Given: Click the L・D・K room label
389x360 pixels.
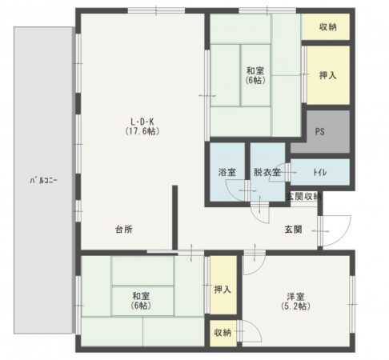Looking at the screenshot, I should click(x=140, y=121).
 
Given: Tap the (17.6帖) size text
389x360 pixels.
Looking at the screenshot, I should click(x=140, y=131).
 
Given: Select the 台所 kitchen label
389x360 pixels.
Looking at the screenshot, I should click(x=123, y=230).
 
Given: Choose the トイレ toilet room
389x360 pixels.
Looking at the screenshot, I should click(x=319, y=172).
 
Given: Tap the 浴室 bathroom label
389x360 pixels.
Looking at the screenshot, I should click(x=227, y=173).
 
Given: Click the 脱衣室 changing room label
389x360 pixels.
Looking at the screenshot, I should click(x=267, y=173).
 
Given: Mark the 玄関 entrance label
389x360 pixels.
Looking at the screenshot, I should click(x=293, y=230).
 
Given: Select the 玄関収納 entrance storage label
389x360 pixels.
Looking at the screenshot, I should click(x=303, y=197).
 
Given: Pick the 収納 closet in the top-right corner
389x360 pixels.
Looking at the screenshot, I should click(x=327, y=28).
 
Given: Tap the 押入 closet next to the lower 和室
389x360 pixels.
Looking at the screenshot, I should click(x=223, y=290).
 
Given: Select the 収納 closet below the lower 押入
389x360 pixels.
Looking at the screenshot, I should click(x=223, y=332).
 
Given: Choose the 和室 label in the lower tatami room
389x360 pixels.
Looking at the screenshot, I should click(x=142, y=296).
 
